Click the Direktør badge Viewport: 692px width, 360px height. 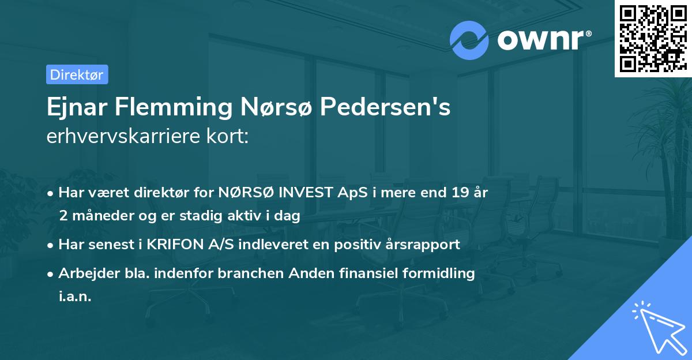tap(77, 74)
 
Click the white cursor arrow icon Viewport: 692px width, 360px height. tap(657, 324)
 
